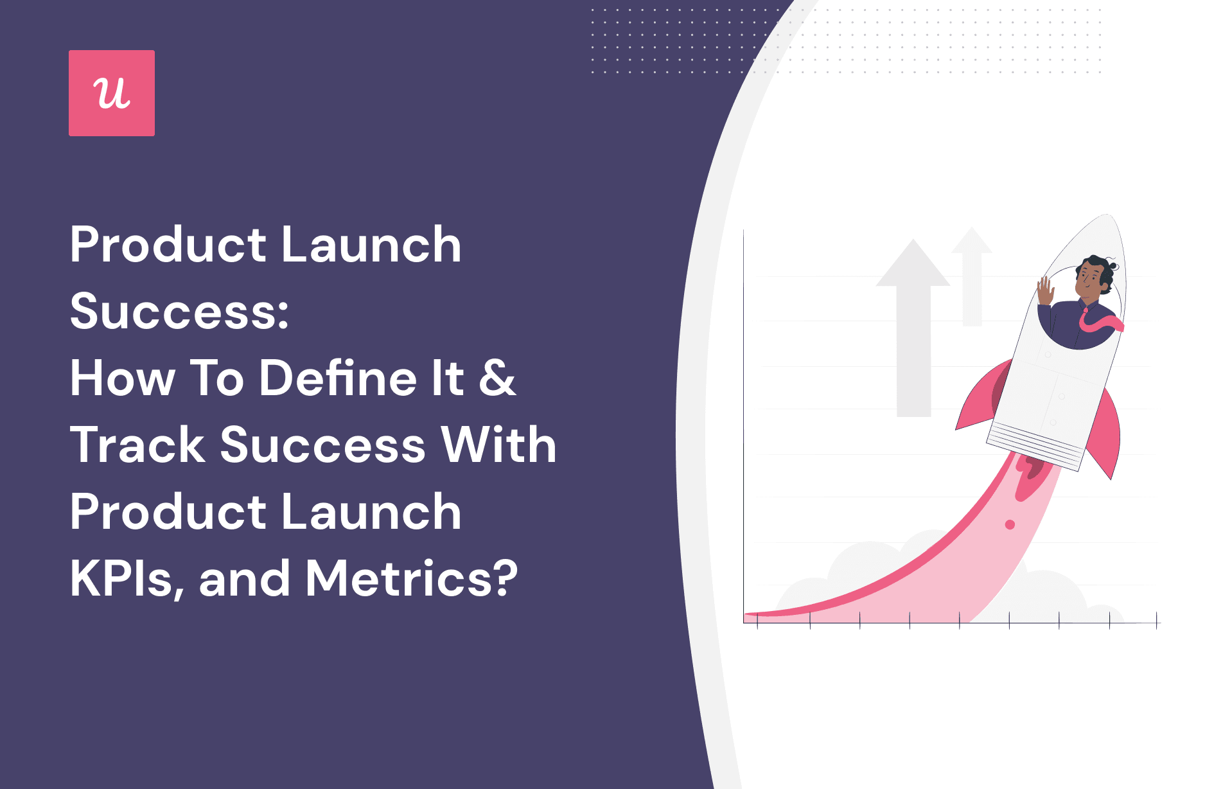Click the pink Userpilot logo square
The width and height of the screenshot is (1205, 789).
click(112, 93)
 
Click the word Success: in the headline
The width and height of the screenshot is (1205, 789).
click(179, 312)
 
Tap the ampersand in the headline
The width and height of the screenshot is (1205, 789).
click(497, 378)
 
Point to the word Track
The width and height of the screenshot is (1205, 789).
click(137, 445)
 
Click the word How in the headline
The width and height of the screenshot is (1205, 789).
click(123, 378)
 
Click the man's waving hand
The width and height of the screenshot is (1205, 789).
click(1046, 290)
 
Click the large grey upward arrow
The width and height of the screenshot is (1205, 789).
click(913, 328)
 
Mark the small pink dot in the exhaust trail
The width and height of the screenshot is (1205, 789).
click(1010, 525)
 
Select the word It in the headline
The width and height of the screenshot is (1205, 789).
click(447, 378)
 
